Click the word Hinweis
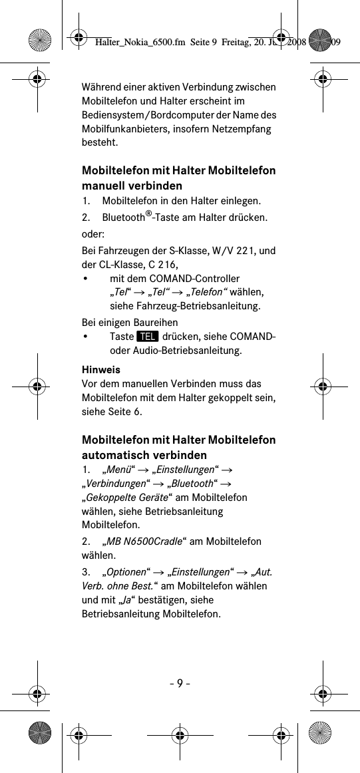click(x=96, y=369)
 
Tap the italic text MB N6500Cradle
click(x=144, y=541)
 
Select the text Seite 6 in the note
click(x=126, y=412)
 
